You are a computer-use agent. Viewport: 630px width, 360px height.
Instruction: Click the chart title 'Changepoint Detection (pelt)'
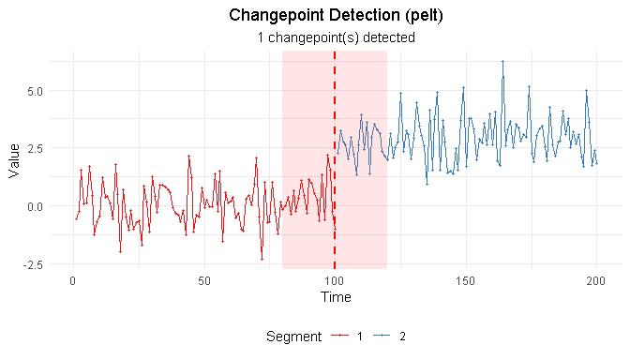click(336, 16)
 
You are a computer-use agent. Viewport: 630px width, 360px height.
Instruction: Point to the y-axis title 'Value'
click(14, 160)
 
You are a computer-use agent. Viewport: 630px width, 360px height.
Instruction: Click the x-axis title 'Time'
click(336, 297)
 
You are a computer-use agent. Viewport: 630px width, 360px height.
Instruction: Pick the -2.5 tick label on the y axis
click(30, 264)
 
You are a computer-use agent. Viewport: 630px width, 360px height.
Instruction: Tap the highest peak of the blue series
click(502, 62)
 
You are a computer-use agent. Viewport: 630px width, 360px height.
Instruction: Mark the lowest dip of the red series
click(262, 259)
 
